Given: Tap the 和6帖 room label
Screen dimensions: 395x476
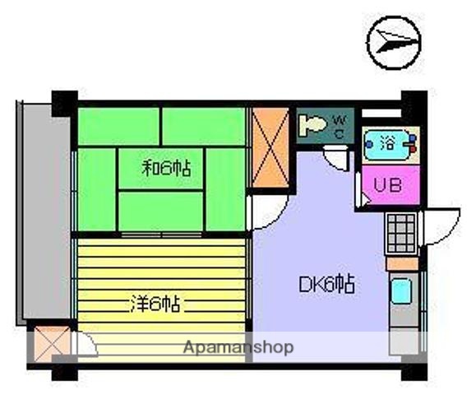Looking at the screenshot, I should coord(167,169).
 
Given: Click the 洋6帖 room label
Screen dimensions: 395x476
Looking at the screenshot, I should coord(155,304).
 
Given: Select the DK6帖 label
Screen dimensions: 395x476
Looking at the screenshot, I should coord(326,286).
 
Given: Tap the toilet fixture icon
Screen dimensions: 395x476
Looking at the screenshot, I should coord(312,127).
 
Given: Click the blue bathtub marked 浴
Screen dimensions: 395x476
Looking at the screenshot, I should coord(388,142).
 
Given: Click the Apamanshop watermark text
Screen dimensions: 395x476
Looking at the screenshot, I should coord(238,347).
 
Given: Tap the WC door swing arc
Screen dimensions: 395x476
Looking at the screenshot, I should coord(336,156).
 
